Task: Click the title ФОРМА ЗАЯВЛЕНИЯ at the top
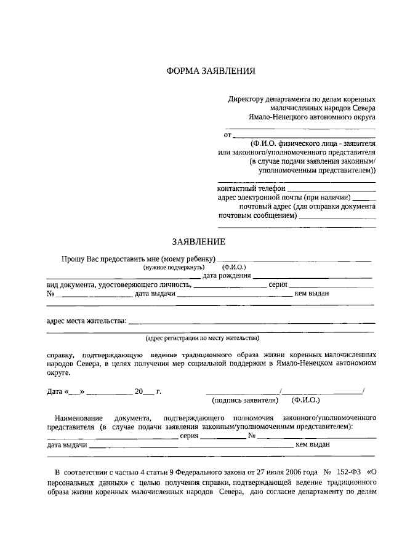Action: click(211, 71)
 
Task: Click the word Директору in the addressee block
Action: click(246, 98)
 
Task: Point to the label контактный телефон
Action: click(251, 188)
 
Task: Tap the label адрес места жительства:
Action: click(86, 321)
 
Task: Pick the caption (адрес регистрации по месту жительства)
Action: click(203, 338)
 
